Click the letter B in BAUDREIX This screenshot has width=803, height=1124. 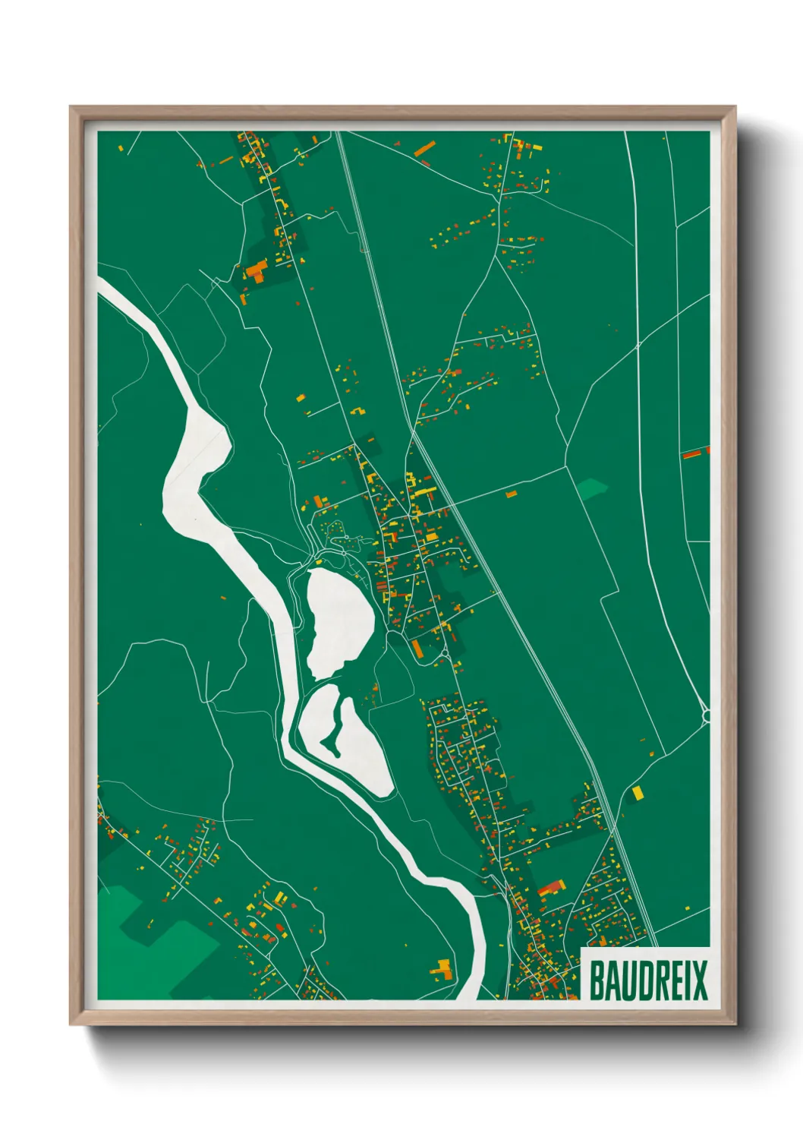point(597,980)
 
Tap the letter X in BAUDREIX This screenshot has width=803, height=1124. point(699,980)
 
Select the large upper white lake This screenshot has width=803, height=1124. point(339,621)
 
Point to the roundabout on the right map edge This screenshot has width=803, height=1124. point(706,715)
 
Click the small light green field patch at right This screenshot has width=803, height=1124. point(591,488)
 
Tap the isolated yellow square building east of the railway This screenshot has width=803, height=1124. point(637,793)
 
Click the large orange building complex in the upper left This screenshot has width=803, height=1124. point(256,271)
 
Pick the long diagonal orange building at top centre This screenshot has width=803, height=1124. point(424,148)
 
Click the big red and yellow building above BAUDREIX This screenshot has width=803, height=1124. point(552,886)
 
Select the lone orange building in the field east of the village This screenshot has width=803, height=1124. point(511,494)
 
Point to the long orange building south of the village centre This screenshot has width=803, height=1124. point(416,648)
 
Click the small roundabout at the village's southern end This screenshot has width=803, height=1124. point(443,652)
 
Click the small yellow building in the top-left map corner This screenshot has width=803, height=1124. point(121,147)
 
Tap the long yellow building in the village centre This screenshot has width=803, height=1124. point(423,492)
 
